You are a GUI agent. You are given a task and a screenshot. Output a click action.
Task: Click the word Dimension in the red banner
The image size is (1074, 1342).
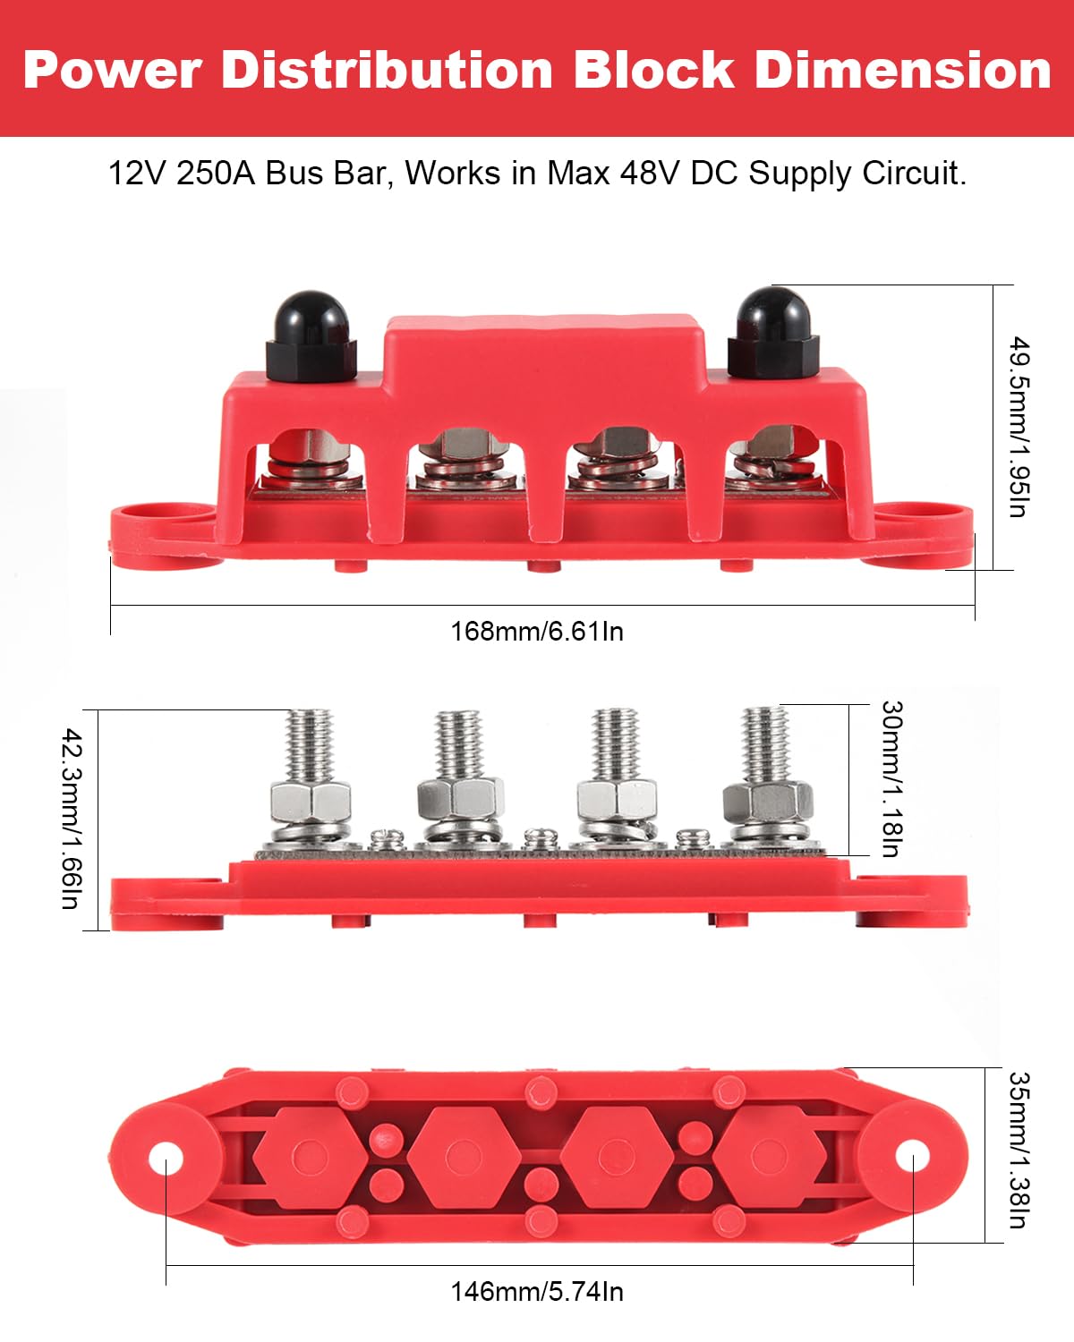click(x=902, y=70)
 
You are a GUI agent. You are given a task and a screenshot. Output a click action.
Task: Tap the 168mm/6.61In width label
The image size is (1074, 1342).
click(x=536, y=632)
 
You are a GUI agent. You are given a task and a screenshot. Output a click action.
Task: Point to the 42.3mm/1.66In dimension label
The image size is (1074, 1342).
click(x=72, y=819)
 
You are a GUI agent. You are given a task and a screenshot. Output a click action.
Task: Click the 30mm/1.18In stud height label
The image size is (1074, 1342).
click(x=891, y=779)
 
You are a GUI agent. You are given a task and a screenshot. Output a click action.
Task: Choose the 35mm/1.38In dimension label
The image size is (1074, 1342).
click(x=1019, y=1151)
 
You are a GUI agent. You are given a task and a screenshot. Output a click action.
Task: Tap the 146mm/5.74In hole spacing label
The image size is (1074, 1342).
click(x=536, y=1292)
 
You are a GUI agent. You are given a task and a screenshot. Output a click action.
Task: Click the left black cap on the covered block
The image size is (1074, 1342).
click(x=311, y=335)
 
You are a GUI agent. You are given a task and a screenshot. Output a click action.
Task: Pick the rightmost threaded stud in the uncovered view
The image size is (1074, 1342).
click(x=766, y=743)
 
